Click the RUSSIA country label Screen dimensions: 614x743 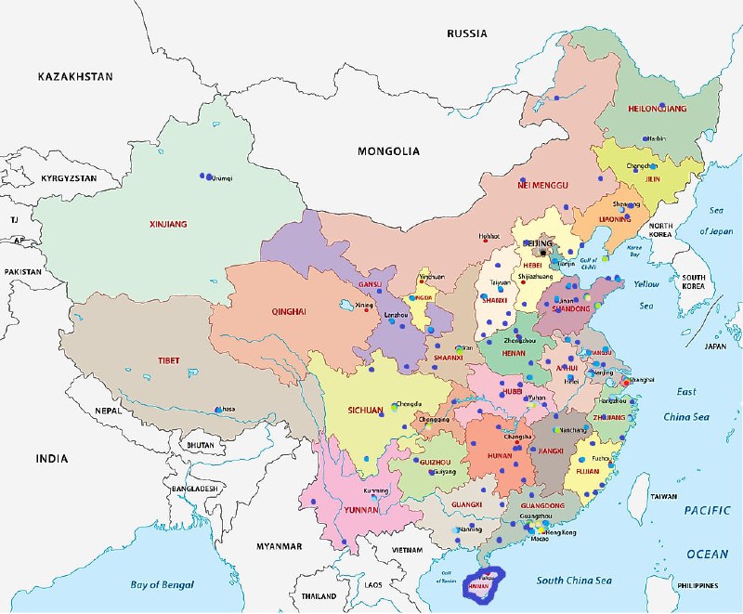[466, 33]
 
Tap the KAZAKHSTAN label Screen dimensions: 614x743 [74, 76]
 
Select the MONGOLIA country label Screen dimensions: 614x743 [388, 150]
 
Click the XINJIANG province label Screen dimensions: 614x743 [168, 224]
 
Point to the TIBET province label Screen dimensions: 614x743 [168, 360]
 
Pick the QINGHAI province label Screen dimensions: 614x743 [288, 312]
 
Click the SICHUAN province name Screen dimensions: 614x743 [365, 410]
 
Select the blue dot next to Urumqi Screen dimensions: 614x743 [202, 176]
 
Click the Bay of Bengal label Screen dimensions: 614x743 [162, 584]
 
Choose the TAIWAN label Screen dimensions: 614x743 [662, 497]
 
